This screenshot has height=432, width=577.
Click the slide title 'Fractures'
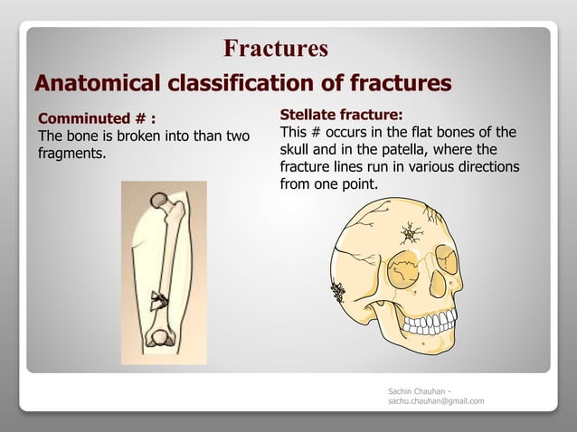tap(275, 48)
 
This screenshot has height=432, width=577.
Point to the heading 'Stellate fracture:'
tap(341, 115)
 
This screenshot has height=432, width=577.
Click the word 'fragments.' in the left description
tap(71, 153)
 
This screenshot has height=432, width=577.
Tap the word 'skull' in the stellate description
tap(297, 149)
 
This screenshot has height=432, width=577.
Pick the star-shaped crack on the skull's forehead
tap(414, 235)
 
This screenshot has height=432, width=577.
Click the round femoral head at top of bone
tap(158, 199)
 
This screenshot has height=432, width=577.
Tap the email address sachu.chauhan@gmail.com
tap(435, 400)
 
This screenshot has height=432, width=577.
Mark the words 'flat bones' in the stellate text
tap(449, 132)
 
